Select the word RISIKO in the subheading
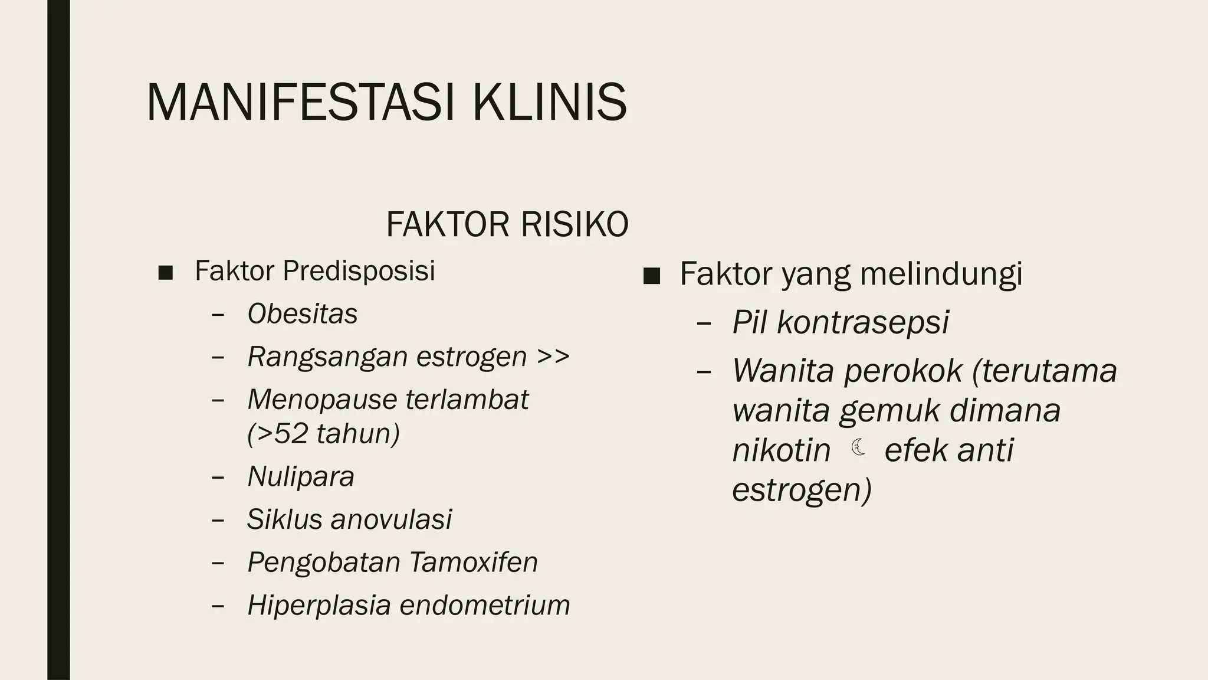click(575, 225)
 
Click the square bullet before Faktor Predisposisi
click(166, 273)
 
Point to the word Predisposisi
click(359, 271)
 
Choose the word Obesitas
click(302, 314)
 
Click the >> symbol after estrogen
click(553, 357)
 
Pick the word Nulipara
click(301, 476)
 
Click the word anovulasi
click(391, 519)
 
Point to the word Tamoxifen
click(473, 562)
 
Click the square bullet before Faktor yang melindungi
click(651, 276)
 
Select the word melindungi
click(941, 274)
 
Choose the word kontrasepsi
click(863, 322)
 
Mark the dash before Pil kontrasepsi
click(704, 323)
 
